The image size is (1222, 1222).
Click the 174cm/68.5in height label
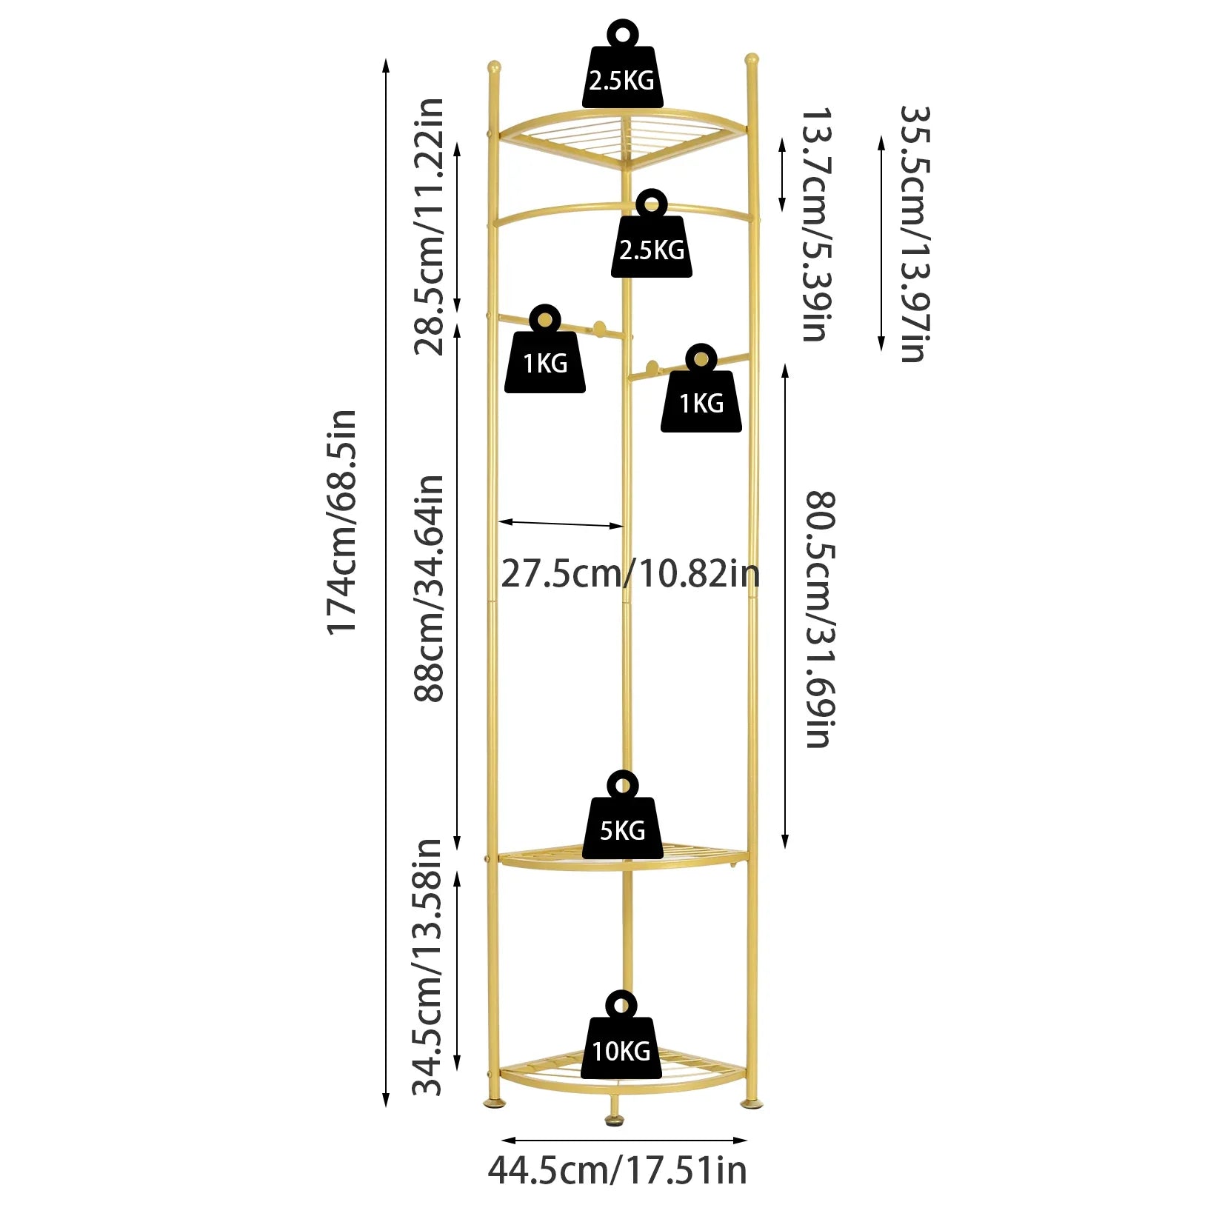(x=342, y=522)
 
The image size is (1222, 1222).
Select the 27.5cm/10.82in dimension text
(x=630, y=574)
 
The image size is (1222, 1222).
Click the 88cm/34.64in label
(x=430, y=589)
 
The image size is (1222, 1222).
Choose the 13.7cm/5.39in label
(x=816, y=224)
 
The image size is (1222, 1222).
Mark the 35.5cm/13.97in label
(x=914, y=233)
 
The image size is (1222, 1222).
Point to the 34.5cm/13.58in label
(x=428, y=966)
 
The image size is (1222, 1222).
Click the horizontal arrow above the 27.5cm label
(x=561, y=524)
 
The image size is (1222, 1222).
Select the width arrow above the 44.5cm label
(x=624, y=1141)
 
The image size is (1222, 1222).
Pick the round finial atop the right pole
(x=751, y=59)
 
